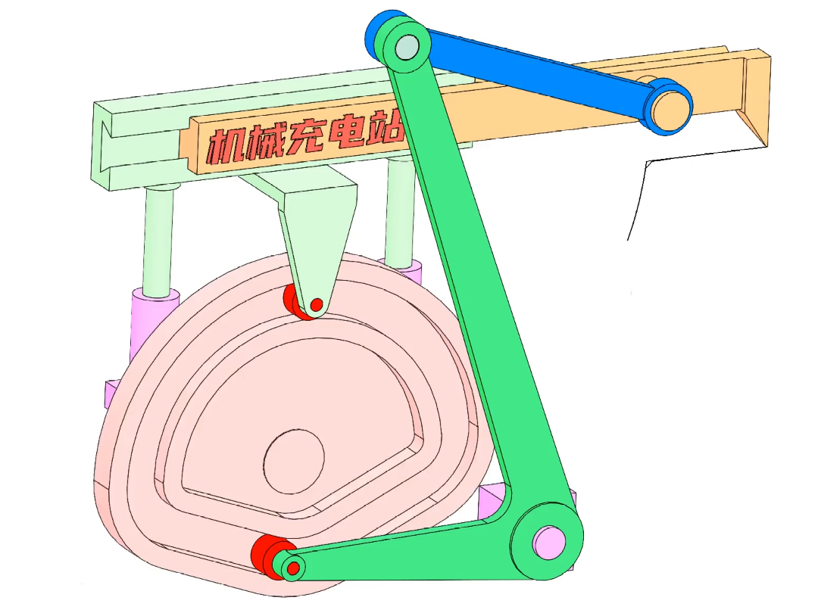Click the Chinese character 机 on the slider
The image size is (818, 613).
226,145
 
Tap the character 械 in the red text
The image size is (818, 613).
264,142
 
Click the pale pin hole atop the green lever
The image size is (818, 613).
407,46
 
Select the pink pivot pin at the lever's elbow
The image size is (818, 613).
549,542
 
